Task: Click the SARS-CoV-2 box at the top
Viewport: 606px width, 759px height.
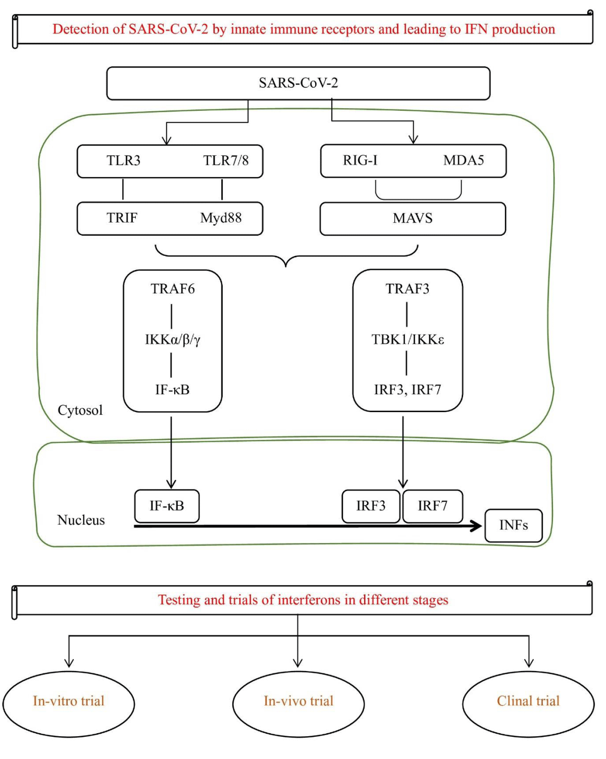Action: [298, 83]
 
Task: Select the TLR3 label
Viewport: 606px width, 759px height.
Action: [123, 161]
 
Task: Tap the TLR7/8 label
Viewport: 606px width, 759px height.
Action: [226, 161]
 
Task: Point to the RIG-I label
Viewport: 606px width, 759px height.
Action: [360, 160]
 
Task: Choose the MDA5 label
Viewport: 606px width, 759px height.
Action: [464, 160]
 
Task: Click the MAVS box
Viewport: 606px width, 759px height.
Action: [413, 218]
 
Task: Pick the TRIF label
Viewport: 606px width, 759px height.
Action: [122, 218]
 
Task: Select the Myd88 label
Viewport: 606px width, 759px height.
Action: [221, 218]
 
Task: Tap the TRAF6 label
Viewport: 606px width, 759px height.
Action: [172, 289]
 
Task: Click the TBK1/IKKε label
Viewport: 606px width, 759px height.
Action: [408, 339]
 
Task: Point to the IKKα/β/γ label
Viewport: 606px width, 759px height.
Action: [172, 339]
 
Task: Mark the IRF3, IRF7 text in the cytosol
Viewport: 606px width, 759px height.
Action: [407, 390]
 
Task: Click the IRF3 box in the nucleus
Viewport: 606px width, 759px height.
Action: [371, 506]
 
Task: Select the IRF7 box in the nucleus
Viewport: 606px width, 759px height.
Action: [432, 506]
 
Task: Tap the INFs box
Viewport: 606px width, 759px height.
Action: [514, 525]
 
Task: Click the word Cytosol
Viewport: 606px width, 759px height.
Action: [80, 410]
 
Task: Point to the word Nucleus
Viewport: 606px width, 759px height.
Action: [81, 520]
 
